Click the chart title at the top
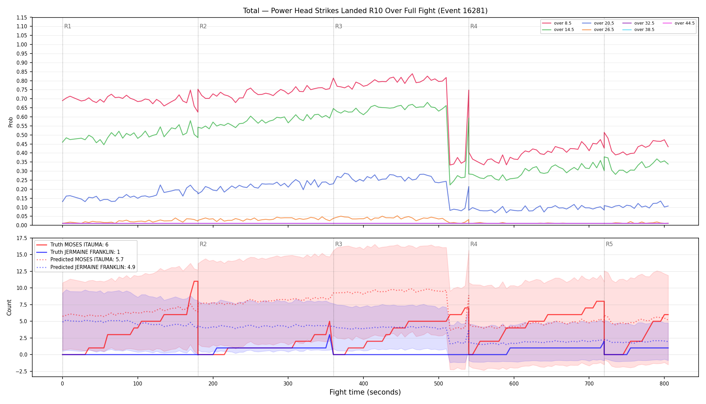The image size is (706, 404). coord(365,11)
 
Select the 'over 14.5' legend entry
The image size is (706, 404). coord(558,30)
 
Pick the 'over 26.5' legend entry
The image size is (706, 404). coord(598,30)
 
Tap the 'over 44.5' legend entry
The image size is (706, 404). coord(679,23)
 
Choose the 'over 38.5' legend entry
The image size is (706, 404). coord(638,30)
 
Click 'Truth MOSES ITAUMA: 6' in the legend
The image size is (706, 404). coord(72,245)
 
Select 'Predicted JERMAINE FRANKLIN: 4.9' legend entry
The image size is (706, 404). coord(85,267)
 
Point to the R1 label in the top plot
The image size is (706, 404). coord(68,26)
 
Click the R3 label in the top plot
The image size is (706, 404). coord(339,26)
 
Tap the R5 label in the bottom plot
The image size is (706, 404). coord(609,244)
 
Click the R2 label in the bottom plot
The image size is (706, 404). coord(203,244)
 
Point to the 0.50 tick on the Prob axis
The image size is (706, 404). coord(22,135)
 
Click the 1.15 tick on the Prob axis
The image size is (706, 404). coord(22,18)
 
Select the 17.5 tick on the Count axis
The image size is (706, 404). coord(22,238)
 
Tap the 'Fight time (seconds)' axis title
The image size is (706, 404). coord(365,392)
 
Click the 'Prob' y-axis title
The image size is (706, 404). coord(11,122)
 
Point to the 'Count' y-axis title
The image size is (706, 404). coord(9,307)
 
